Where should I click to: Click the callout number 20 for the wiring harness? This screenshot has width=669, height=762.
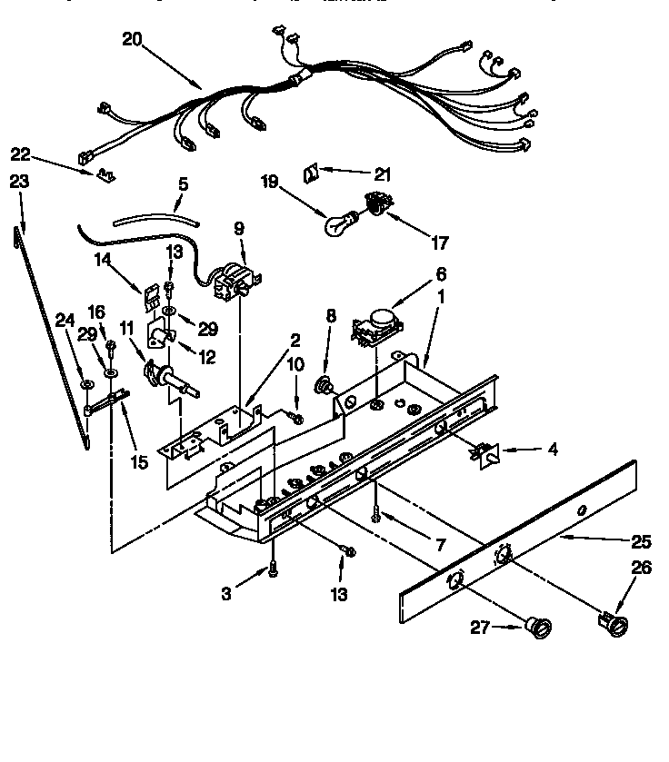134,39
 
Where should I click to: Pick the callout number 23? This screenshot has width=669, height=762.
19,182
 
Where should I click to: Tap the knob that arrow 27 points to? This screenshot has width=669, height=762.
540,627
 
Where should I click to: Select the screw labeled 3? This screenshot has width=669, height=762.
272,569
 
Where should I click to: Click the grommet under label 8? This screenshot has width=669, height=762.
323,385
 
